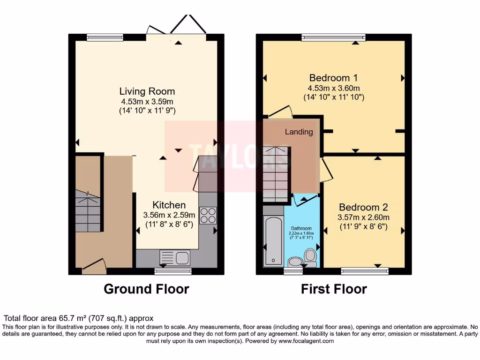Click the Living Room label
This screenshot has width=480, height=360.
coord(147,91)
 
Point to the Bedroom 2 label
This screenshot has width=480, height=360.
coord(363,207)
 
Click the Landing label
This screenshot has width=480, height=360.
coord(299,132)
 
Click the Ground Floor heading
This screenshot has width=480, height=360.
coord(146,289)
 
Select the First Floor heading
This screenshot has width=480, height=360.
coord(334,289)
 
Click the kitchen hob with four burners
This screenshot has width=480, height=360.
coord(208,215)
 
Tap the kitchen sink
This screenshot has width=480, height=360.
coord(174,257)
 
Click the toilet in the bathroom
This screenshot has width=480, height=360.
coord(310,256)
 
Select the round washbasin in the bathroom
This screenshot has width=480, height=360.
coord(295,262)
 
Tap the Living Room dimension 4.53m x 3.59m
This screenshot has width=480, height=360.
coord(147,101)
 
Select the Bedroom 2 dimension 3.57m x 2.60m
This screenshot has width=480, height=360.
coord(363,217)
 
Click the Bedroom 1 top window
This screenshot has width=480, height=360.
coord(333,37)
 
